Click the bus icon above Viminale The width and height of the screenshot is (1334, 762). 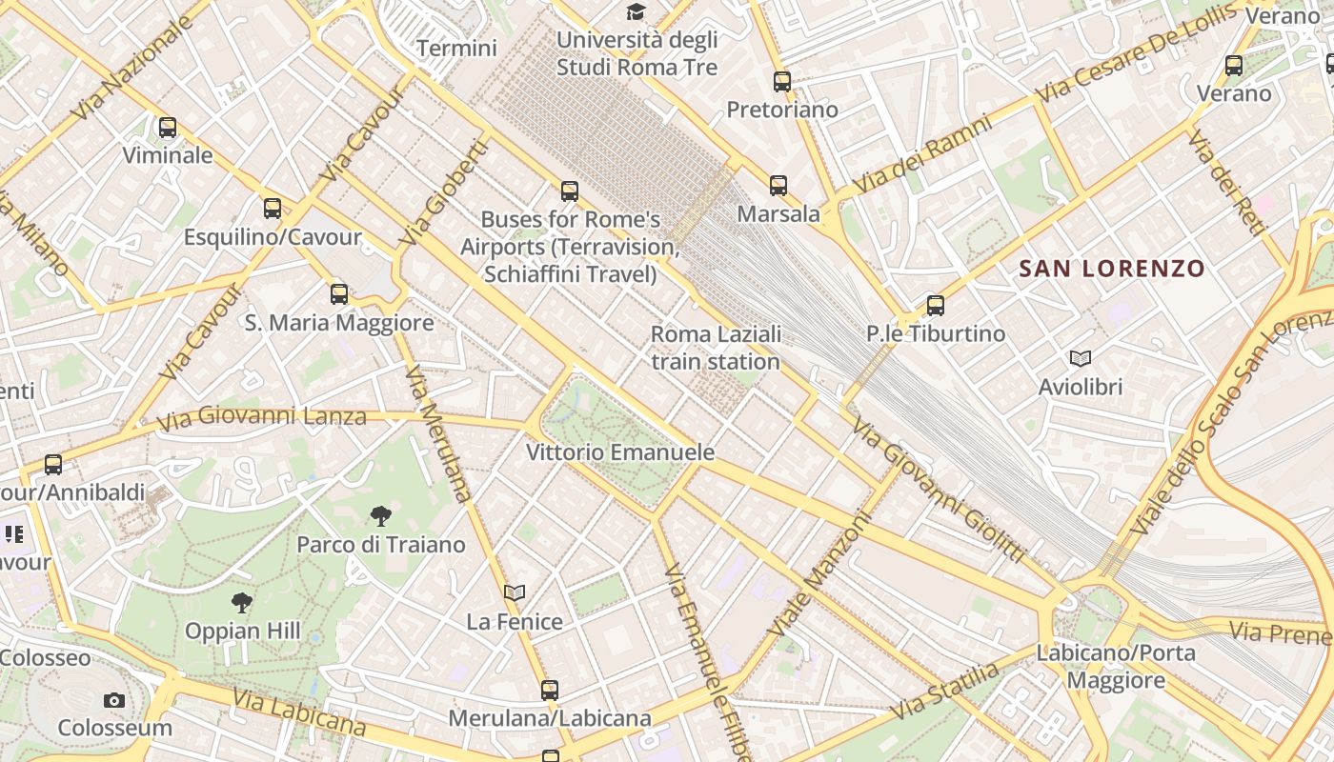point(168,127)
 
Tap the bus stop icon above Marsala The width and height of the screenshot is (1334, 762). point(778,186)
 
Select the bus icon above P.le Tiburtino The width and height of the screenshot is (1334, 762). point(936,306)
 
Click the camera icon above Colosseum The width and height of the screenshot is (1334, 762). point(114,700)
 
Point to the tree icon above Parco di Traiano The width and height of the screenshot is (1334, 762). point(381,516)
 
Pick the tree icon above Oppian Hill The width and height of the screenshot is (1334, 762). point(242,602)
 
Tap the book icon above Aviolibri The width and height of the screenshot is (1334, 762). point(1080,358)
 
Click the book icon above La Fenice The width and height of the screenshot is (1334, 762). point(515,592)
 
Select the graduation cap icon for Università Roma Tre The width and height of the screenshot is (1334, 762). point(636,11)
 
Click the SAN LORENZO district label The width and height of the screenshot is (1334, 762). point(1112,269)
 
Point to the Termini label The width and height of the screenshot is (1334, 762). point(457,48)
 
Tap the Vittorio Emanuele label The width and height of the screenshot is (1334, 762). point(620,451)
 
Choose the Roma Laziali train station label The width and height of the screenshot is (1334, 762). point(716,348)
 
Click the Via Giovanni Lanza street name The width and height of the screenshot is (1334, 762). point(261,417)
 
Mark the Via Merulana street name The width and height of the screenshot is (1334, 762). point(437,433)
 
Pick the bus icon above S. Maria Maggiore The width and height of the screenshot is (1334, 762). point(339,294)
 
